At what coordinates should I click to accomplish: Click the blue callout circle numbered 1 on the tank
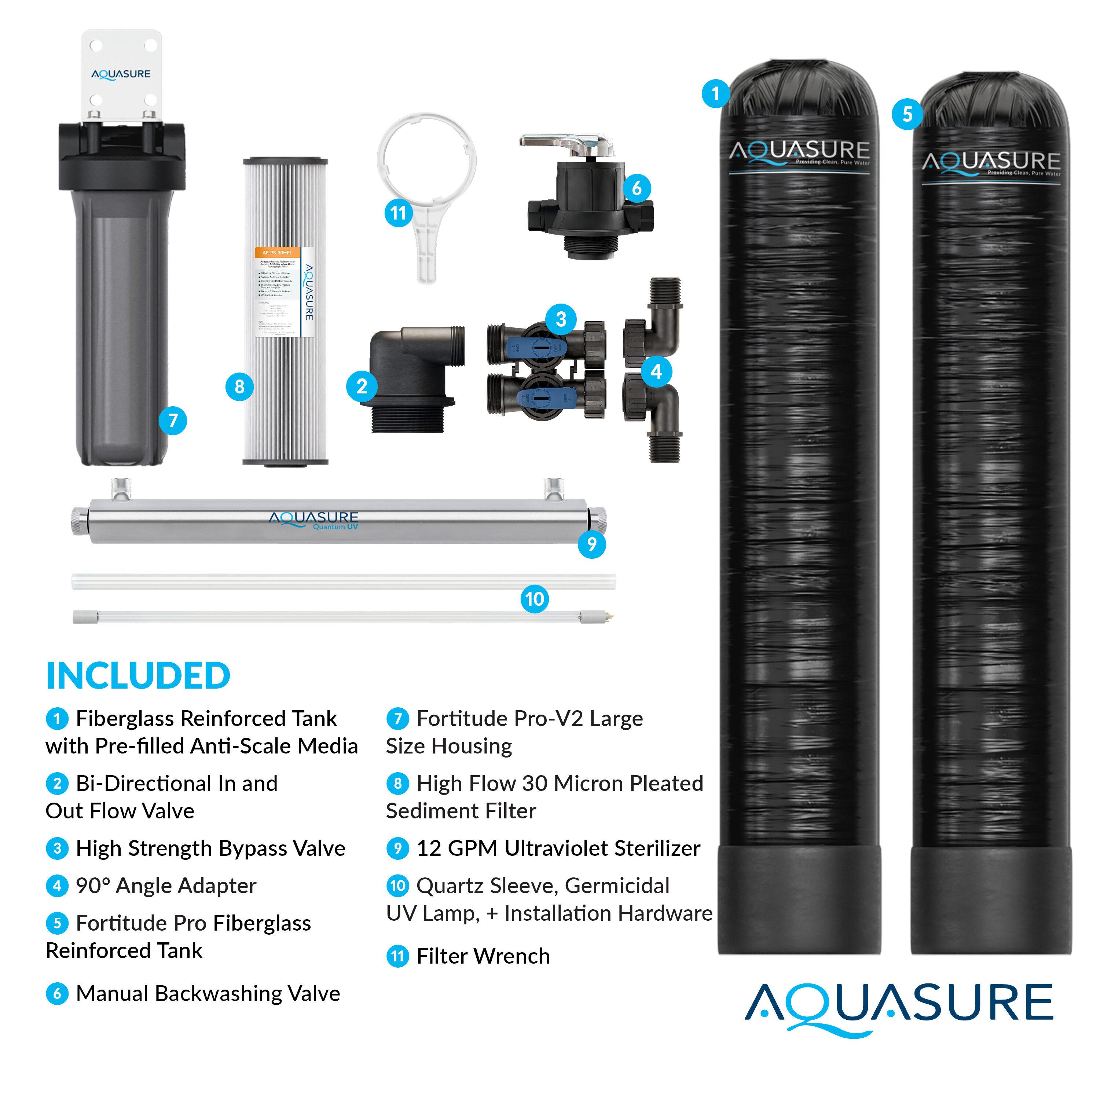coord(716,93)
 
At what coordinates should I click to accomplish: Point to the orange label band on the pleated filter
coord(277,252)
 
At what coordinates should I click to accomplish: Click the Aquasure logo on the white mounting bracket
coord(121,74)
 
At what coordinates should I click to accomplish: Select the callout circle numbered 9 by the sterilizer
coord(591,544)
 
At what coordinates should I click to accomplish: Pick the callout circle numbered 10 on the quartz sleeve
coord(534,599)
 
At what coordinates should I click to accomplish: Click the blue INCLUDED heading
coord(138,676)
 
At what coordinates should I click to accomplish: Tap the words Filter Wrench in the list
coord(483,956)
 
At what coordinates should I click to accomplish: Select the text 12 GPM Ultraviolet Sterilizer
coord(558,848)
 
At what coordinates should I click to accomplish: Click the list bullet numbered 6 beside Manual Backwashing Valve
coord(57,994)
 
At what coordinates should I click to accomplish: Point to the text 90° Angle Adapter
coord(166,886)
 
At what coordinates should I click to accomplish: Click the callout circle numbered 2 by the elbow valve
coord(362,386)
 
